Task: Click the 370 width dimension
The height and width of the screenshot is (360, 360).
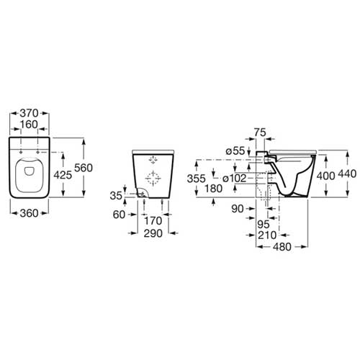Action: click(x=29, y=113)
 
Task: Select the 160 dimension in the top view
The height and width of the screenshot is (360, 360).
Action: click(x=29, y=125)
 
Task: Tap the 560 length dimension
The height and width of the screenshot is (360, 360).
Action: click(x=84, y=168)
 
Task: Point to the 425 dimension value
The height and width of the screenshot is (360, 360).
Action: click(x=63, y=175)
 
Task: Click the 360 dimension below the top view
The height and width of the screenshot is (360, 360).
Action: click(x=29, y=213)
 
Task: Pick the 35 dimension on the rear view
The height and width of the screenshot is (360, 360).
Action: click(x=116, y=196)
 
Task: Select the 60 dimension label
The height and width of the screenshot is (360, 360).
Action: click(x=119, y=215)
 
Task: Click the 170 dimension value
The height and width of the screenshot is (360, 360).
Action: click(x=153, y=221)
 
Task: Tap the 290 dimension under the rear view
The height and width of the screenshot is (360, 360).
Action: click(x=153, y=233)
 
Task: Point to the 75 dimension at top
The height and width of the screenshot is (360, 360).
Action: click(x=260, y=132)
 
